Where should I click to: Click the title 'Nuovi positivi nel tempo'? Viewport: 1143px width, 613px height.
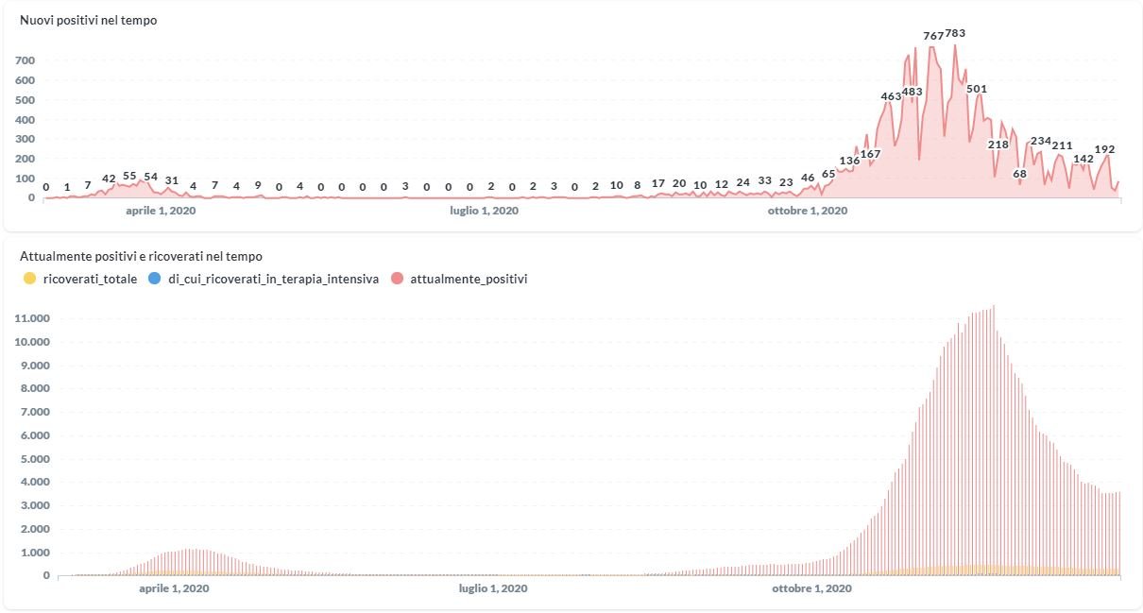88,20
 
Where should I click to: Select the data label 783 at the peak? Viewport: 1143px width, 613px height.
955,33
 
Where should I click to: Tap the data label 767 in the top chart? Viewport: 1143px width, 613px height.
933,36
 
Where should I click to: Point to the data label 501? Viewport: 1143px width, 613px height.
977,89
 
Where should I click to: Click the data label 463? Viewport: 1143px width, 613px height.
891,96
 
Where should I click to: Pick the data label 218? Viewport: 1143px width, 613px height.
998,145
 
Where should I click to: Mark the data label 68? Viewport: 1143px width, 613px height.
1019,174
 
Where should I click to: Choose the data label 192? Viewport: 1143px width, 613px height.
1104,149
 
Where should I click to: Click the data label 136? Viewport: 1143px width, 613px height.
849,161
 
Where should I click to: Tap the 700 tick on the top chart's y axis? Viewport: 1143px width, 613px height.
25,60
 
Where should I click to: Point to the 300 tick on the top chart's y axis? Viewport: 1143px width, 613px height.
25,139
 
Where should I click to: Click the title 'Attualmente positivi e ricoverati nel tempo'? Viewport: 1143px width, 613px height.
141,256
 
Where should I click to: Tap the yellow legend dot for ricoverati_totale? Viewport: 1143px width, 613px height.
29,279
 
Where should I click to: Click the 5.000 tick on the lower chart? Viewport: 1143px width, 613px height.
32,459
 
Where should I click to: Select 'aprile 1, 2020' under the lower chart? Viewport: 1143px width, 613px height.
174,588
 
